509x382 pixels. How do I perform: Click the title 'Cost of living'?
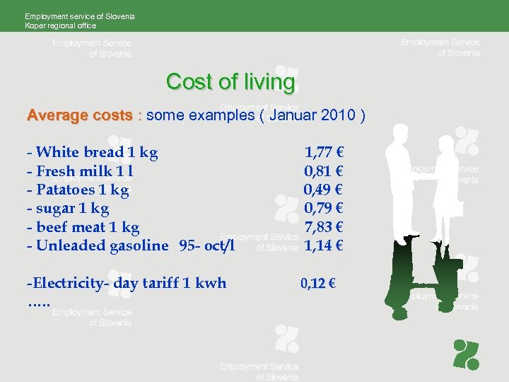[x=230, y=82]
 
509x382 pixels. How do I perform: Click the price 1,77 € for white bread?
[x=324, y=151]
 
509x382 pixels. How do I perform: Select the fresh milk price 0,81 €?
[x=324, y=170]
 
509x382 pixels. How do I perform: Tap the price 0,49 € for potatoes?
[x=324, y=190]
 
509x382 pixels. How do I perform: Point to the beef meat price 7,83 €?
[x=324, y=227]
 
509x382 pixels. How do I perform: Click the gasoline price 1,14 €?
[x=324, y=246]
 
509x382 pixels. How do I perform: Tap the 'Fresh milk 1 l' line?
[x=80, y=170]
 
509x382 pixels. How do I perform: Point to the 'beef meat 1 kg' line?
[x=83, y=227]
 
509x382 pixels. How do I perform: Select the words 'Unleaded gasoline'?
[x=102, y=246]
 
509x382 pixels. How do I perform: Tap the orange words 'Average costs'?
[x=79, y=115]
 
